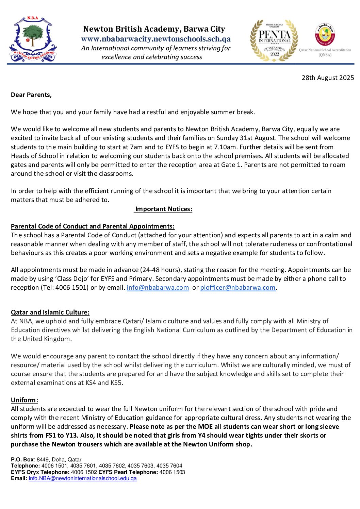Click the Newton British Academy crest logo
coord(33,39)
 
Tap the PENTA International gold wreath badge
coord(274,40)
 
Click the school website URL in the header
coord(156,39)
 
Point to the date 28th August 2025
coord(328,78)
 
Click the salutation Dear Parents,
coord(31,95)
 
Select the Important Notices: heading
coord(164,209)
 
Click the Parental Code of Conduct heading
coord(93,226)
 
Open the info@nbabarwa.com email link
coord(158,288)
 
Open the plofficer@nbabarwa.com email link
coord(238,288)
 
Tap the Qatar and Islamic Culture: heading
coord(50,312)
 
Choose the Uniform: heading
coord(24,400)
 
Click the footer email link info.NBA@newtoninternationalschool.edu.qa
coord(83,478)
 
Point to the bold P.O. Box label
coord(22,459)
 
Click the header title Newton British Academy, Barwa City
coord(154,29)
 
